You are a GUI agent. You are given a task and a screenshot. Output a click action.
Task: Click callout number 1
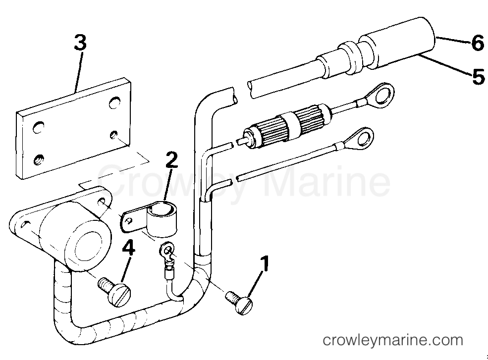pos(264,264)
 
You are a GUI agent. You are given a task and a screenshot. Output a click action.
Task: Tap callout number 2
pos(171,159)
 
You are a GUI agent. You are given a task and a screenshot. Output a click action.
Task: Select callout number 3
pos(80,43)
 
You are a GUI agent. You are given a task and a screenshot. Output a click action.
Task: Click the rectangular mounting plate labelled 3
pos(73,129)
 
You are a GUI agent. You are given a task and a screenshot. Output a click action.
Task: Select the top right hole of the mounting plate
pos(114,103)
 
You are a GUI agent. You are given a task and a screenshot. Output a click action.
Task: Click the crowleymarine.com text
pos(393,340)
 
